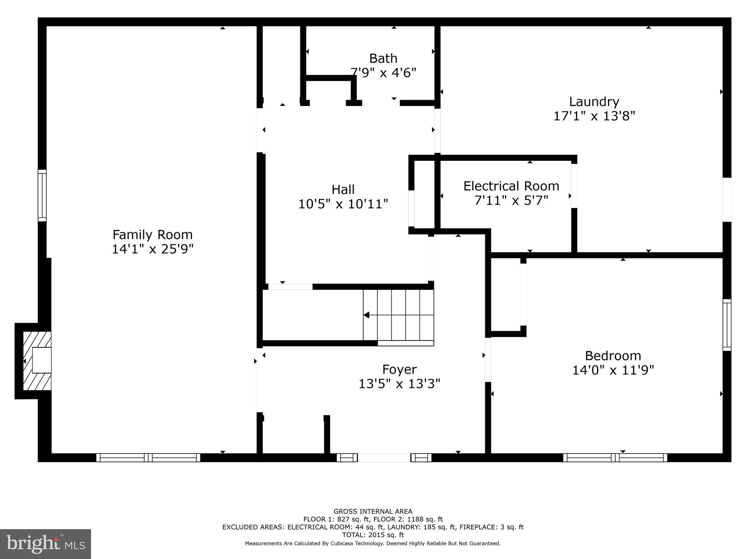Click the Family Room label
[x=152, y=234]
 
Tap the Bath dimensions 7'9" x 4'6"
[x=383, y=72]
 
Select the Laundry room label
[x=594, y=101]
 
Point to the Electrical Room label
[x=511, y=186]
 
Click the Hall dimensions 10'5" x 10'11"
[x=343, y=204]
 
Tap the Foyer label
[x=399, y=369]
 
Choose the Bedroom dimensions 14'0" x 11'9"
[x=613, y=370]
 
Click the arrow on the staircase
[x=367, y=315]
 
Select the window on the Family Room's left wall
[x=42, y=195]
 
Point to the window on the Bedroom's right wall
[x=726, y=325]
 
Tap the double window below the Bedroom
[x=615, y=457]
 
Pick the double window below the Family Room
[x=148, y=457]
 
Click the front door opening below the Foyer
[x=384, y=457]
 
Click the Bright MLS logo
[x=46, y=544]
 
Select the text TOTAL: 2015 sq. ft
[x=373, y=535]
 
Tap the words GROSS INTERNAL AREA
[x=373, y=511]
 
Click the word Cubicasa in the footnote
[x=343, y=543]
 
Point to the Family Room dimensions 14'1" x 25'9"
[x=152, y=249]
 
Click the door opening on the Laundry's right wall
[x=726, y=199]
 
